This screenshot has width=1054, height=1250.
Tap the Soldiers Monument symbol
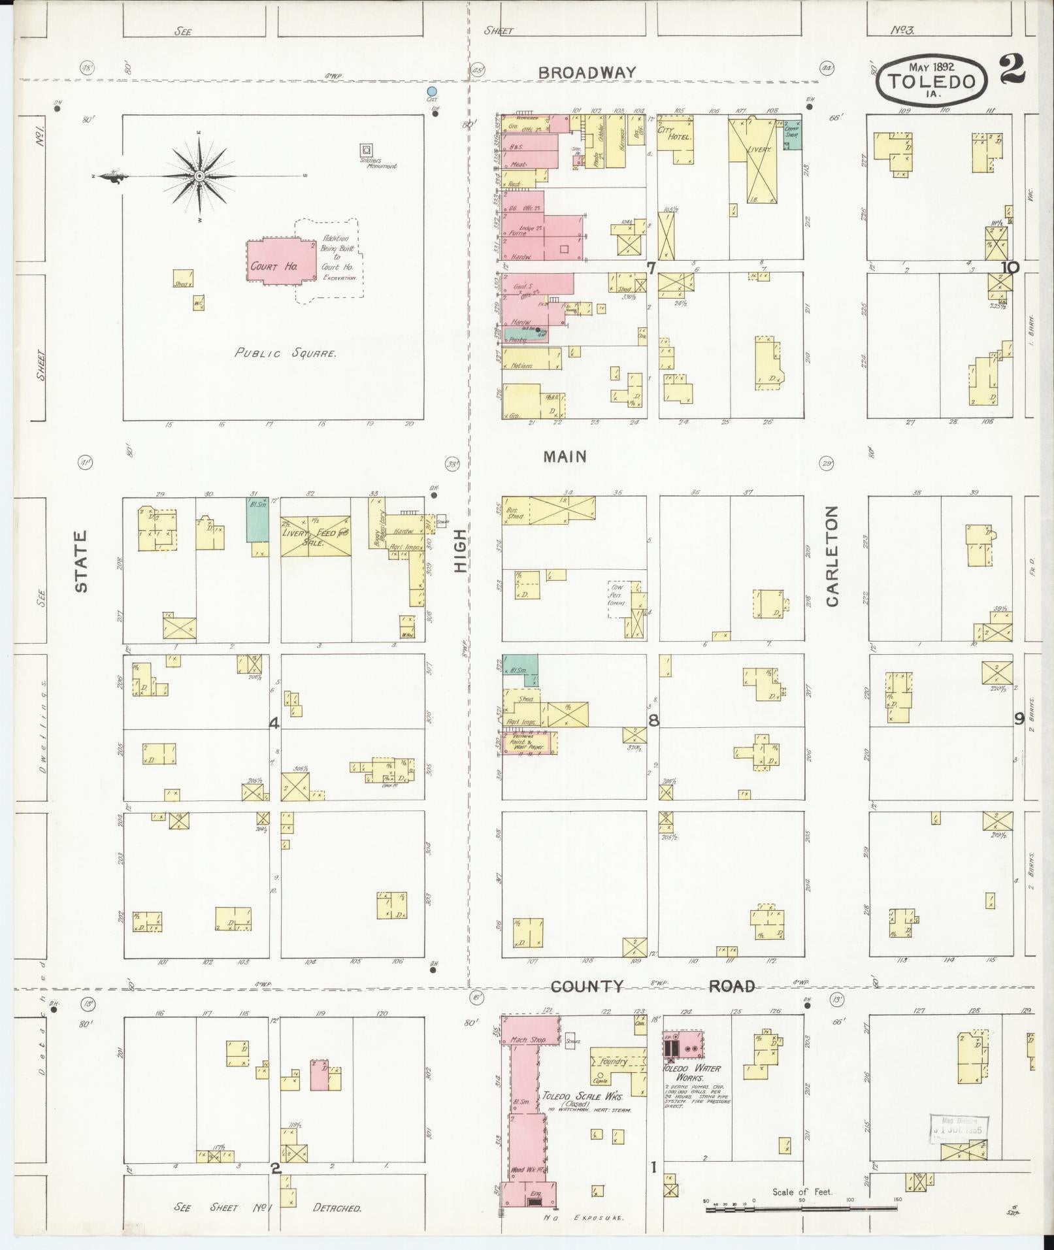(366, 150)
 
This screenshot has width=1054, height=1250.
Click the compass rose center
(199, 176)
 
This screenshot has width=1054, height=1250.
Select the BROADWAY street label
(587, 73)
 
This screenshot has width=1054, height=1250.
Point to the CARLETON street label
(832, 555)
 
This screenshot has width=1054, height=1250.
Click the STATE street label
(81, 561)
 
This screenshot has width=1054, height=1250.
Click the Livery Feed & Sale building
(316, 536)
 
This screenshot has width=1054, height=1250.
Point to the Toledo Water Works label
(692, 1073)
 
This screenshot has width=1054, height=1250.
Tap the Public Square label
(286, 354)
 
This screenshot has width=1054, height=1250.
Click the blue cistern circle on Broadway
(431, 91)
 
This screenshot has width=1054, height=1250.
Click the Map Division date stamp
(959, 1127)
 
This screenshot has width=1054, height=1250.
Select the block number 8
(653, 720)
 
